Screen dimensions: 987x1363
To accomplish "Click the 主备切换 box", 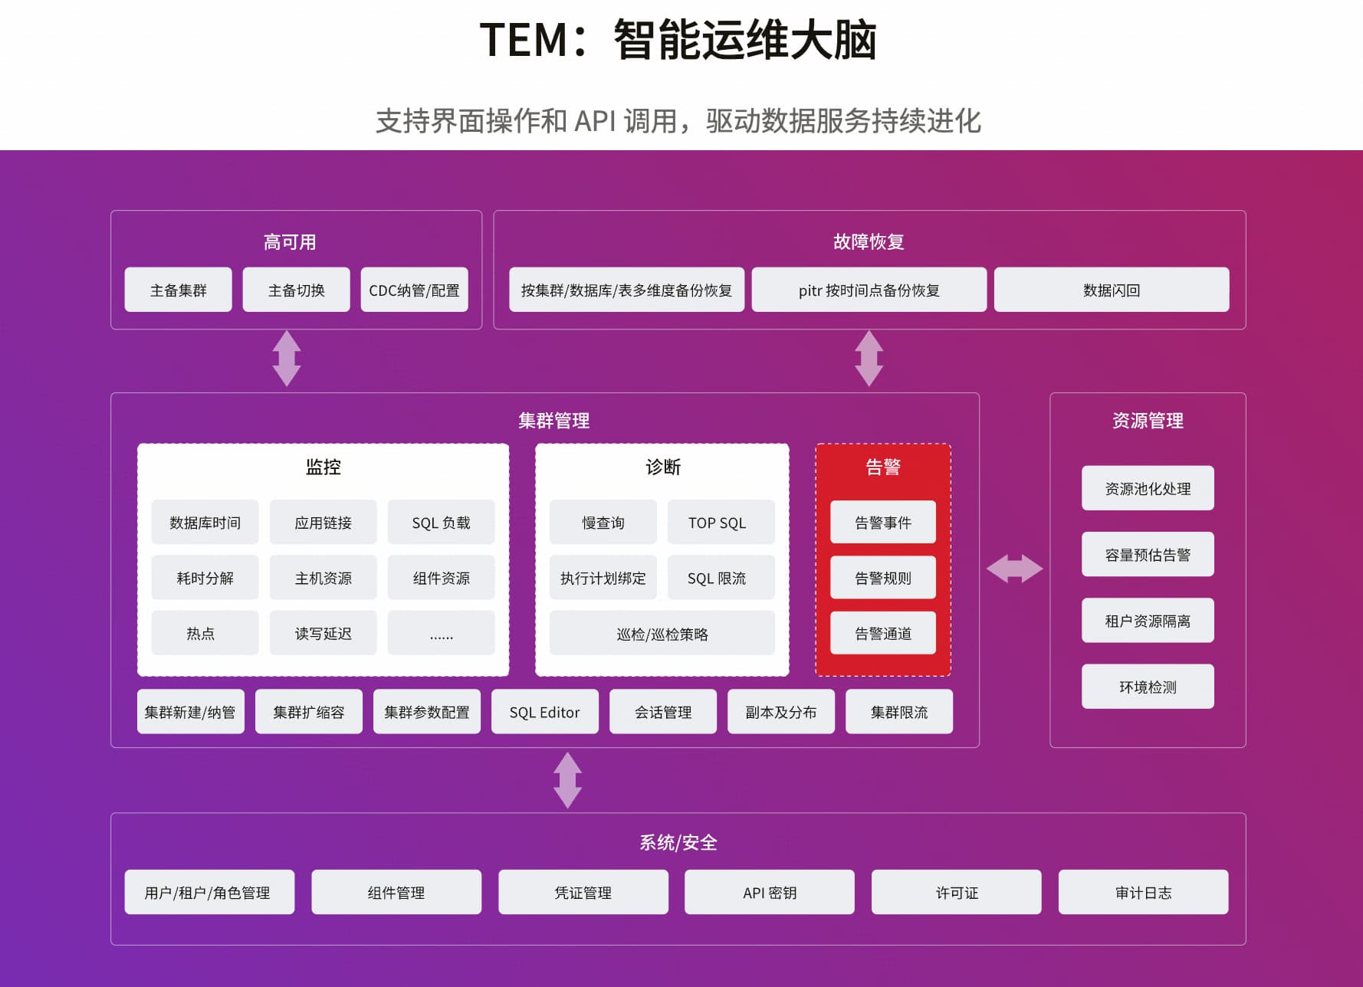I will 296,290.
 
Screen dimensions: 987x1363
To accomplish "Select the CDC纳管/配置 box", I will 414,290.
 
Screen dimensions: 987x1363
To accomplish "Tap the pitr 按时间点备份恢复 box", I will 869,290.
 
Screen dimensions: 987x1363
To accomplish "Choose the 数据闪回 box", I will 1111,290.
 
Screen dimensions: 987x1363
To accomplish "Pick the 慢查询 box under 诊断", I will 603,523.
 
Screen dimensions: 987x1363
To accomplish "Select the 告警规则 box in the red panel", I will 882,578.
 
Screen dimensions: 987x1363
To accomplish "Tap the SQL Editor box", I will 544,712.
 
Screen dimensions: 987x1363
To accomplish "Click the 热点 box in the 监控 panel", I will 205,633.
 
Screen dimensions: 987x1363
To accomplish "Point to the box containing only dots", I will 441,633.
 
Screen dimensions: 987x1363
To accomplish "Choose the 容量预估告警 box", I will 1147,554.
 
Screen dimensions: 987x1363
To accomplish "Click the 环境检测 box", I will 1147,687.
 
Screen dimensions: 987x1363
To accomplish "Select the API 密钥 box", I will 769,892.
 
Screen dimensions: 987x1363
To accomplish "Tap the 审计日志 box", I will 1143,892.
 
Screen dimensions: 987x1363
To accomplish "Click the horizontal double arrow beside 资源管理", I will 1014,569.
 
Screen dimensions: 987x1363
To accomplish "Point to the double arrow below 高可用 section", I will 287,358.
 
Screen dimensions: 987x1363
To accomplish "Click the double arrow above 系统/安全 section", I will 567,780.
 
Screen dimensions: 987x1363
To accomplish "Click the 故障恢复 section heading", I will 869,242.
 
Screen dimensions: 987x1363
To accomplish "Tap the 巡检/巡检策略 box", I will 662,634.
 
